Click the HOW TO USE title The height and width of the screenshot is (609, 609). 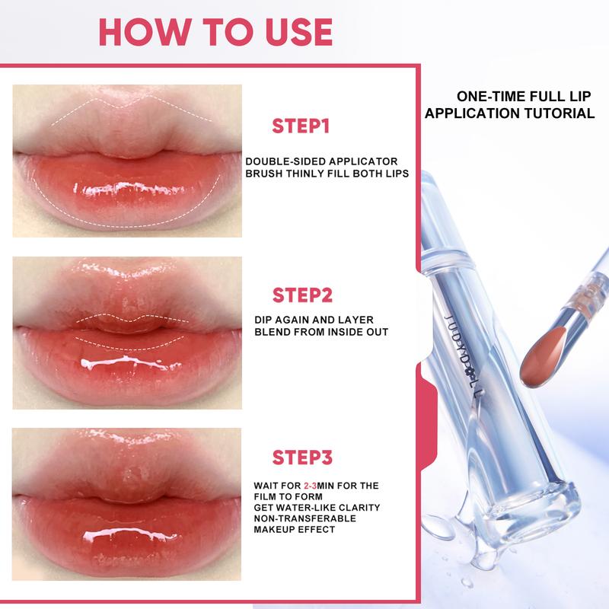click(215, 31)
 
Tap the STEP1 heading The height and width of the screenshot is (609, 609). click(301, 126)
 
